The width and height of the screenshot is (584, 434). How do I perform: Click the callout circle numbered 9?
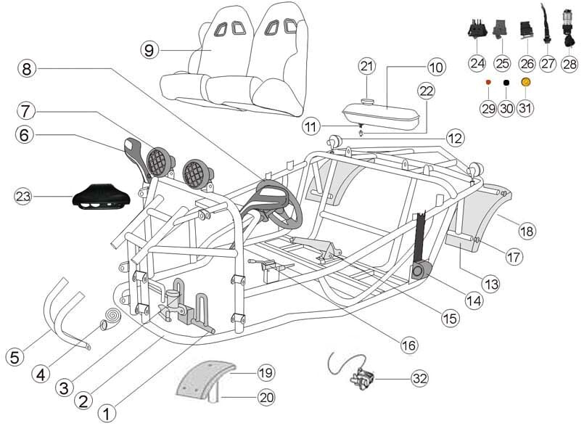point(149,49)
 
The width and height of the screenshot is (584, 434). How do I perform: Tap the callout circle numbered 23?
point(25,196)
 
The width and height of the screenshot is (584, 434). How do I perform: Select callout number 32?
point(419,378)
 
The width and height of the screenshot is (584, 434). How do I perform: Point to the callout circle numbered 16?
point(409,345)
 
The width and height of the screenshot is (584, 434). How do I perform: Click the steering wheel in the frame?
point(276,202)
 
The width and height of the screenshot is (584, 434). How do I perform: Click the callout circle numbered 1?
point(106,414)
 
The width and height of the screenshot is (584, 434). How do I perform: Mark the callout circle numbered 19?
point(266,374)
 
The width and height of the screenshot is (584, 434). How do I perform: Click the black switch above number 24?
point(476,31)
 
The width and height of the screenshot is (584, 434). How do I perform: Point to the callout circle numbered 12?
point(455,136)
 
